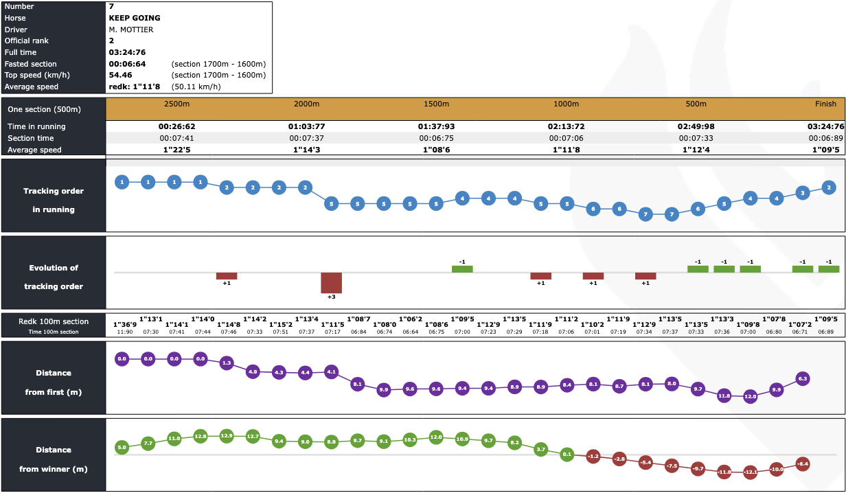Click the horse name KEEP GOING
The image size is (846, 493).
point(135,18)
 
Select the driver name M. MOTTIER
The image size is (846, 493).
point(131,30)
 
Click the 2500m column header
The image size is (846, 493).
point(176,104)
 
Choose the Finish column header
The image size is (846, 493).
point(825,104)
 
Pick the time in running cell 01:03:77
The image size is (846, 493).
point(306,126)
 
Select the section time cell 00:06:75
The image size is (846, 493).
point(436,138)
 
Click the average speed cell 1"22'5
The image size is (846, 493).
point(176,150)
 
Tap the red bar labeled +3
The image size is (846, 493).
point(331,282)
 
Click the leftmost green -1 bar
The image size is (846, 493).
point(462,269)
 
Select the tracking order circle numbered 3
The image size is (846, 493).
point(802,193)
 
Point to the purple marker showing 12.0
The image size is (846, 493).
point(750,396)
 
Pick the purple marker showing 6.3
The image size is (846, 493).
point(802,378)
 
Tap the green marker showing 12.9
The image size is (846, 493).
point(227,436)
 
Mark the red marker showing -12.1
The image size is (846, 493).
point(750,472)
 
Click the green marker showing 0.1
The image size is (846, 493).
point(567,454)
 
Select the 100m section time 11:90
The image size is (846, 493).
point(124,332)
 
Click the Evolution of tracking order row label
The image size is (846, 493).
point(54,277)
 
